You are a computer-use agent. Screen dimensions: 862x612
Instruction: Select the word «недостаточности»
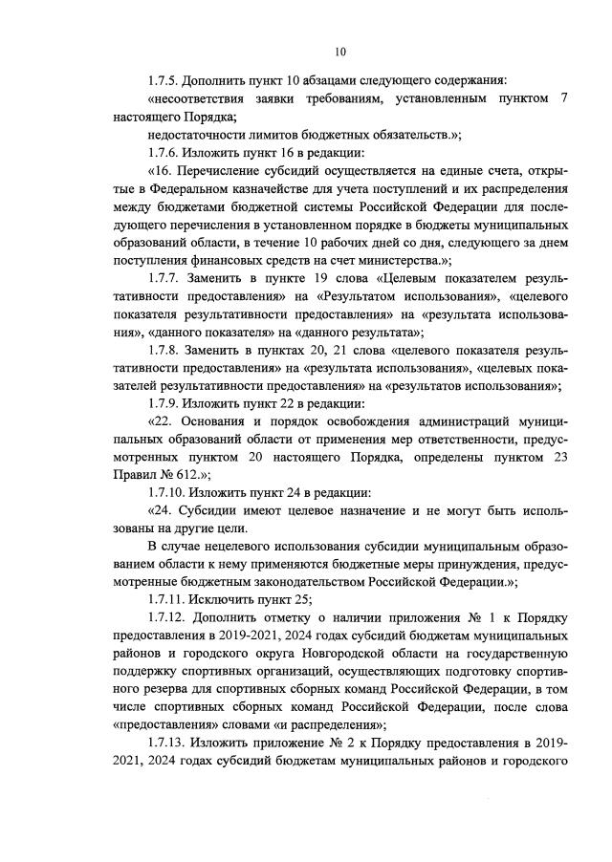[x=200, y=135]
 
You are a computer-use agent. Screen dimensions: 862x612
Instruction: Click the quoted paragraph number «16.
[x=160, y=171]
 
